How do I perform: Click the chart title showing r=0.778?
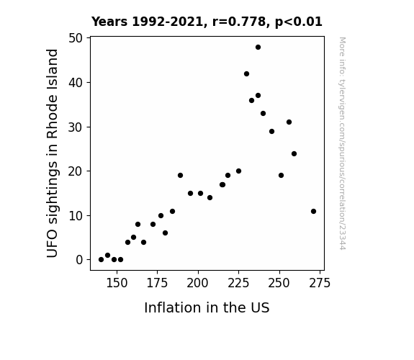coord(207,22)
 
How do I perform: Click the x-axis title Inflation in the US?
coord(207,307)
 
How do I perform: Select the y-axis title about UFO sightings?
coord(52,153)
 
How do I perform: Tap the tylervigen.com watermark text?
coord(342,143)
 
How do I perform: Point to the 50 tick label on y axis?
coord(76,38)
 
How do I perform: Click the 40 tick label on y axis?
coord(76,83)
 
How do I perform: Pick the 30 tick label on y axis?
coord(76,127)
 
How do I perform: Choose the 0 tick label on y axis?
coord(79,260)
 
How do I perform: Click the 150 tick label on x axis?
coord(117,283)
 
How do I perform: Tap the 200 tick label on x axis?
coord(198,283)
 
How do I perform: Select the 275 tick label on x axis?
coord(320,283)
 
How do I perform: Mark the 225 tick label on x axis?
coord(238,283)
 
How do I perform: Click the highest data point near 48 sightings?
coord(258,48)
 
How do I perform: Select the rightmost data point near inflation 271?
coord(313,211)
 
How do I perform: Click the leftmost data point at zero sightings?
coord(101,260)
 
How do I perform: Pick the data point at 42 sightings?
coord(246,74)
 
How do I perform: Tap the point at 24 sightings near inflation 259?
coord(294,153)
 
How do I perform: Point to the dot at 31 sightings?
coord(289,122)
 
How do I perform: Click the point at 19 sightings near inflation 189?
coord(180,176)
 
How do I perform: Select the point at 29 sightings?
coord(271,132)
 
